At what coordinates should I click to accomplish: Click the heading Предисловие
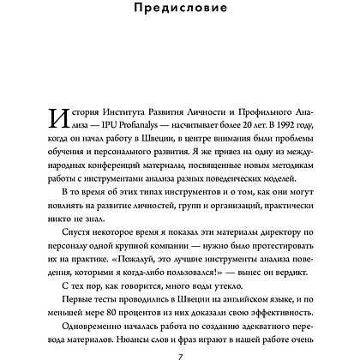pyautogui.click(x=180, y=11)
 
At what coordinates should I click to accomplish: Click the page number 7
pyautogui.click(x=180, y=355)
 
